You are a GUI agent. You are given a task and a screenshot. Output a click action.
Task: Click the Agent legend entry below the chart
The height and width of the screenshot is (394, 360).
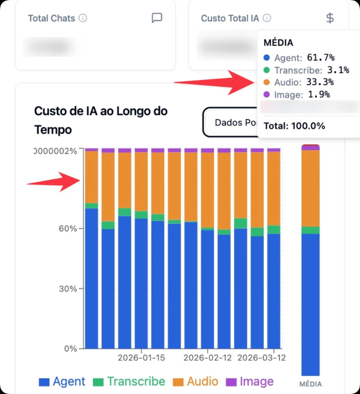click(x=62, y=382)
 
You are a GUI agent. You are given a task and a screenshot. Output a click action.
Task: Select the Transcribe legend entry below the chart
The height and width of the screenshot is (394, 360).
click(x=129, y=382)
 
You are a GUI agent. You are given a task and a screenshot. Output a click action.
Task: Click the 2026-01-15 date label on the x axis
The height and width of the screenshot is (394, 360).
click(x=141, y=358)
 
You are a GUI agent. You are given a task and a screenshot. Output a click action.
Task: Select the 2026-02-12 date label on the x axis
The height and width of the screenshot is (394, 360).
click(x=208, y=358)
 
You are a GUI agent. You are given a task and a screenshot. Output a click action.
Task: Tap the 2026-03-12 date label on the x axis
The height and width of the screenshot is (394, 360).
click(x=262, y=358)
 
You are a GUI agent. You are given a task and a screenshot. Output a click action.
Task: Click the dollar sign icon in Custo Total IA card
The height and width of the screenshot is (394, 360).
click(x=330, y=18)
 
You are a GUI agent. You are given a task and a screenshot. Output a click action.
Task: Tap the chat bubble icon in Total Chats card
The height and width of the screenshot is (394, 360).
click(x=157, y=18)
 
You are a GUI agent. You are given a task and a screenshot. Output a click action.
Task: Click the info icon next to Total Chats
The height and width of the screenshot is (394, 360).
click(x=83, y=18)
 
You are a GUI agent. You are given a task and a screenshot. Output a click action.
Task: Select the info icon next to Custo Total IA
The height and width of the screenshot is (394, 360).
click(x=267, y=18)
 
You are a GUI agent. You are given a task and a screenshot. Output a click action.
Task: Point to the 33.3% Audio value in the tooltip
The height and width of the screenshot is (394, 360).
click(x=320, y=82)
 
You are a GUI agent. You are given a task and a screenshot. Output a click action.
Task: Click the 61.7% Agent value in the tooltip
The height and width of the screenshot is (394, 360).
click(x=321, y=58)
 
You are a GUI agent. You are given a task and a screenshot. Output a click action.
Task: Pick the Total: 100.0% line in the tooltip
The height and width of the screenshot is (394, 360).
click(x=294, y=126)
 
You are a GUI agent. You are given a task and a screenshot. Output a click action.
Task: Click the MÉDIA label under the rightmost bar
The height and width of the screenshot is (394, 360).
click(x=310, y=384)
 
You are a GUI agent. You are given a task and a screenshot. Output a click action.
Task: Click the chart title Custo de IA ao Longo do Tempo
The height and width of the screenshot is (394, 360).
click(x=101, y=120)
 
